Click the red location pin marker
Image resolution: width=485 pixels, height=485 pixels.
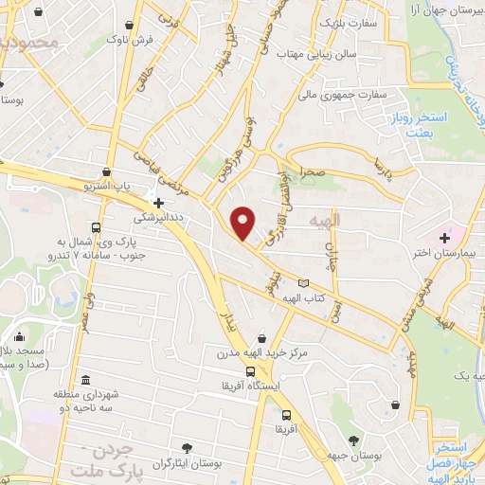click(x=244, y=223)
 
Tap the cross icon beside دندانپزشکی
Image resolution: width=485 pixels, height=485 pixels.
click(x=158, y=202)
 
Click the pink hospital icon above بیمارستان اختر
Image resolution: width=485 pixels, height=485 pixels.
click(x=444, y=236)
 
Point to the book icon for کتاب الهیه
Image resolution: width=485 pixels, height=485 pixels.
click(x=303, y=283)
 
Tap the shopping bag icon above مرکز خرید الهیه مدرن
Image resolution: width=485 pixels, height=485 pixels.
click(x=275, y=338)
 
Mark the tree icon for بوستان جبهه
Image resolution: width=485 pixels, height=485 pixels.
click(x=354, y=439)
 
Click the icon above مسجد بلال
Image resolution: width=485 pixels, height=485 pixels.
click(x=20, y=336)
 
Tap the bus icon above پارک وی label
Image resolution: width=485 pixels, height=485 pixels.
click(x=95, y=227)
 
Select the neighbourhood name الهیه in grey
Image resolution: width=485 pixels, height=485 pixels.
click(x=322, y=219)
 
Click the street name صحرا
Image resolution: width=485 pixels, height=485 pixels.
click(x=314, y=172)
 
